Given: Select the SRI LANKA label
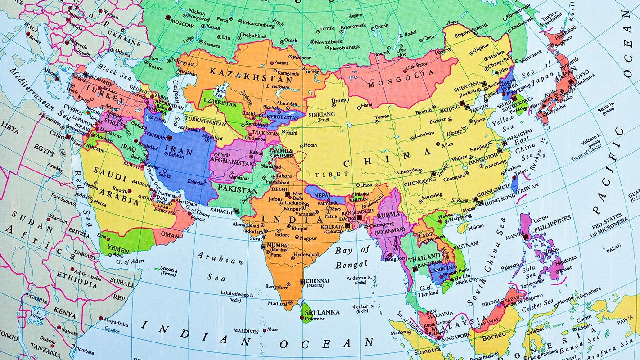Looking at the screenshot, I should [x=322, y=312].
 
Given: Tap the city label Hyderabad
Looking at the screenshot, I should [x=306, y=255].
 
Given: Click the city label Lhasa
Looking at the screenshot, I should [x=365, y=185].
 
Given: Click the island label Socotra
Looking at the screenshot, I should [x=169, y=269].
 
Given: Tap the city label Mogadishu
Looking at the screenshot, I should [x=116, y=324].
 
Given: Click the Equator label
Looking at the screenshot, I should [x=112, y=331].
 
